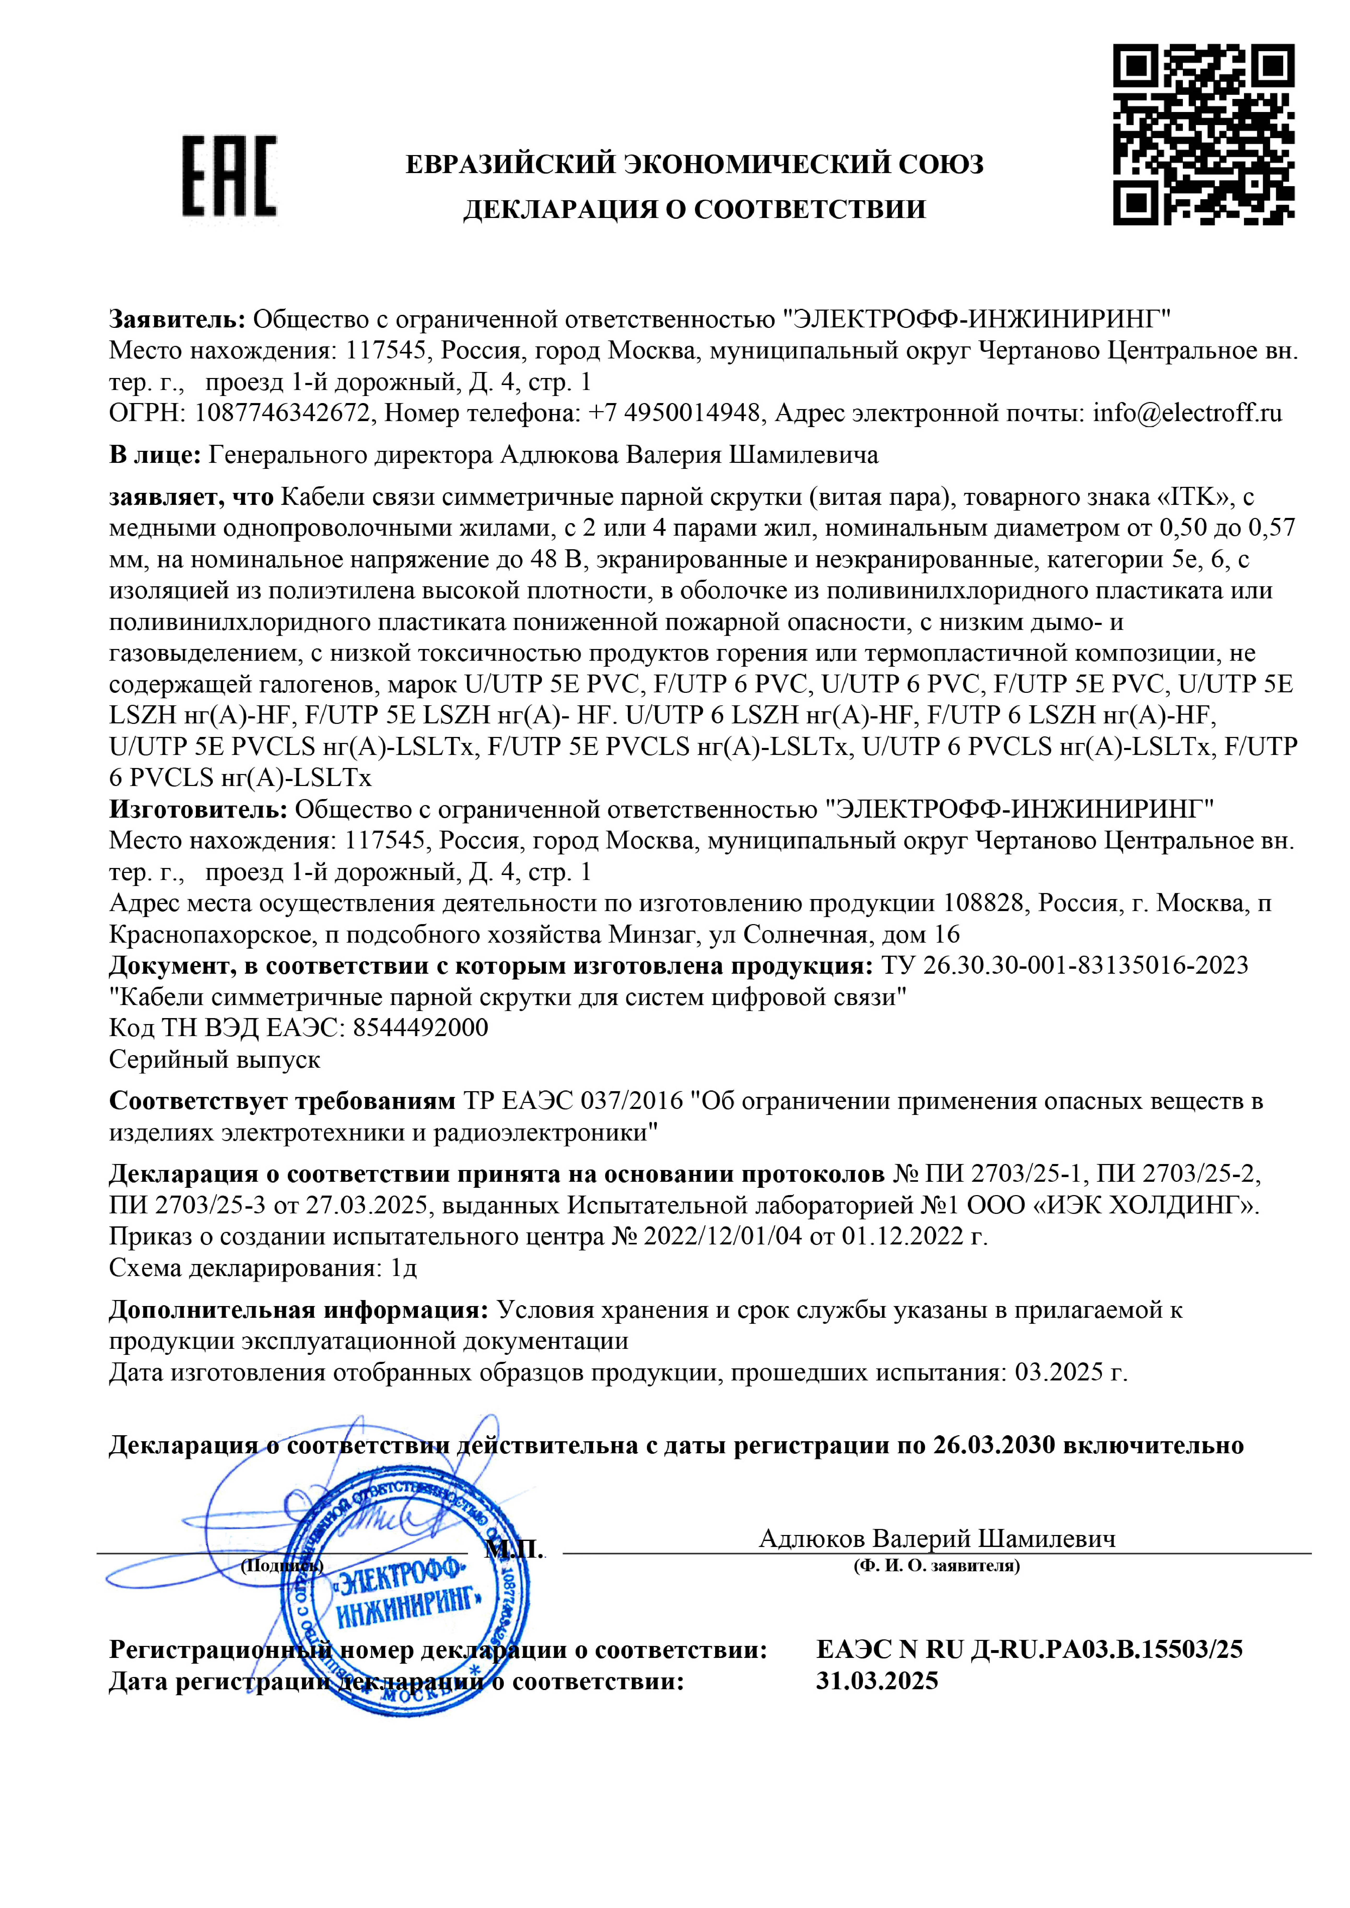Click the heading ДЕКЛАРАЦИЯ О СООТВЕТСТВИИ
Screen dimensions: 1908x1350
coord(694,209)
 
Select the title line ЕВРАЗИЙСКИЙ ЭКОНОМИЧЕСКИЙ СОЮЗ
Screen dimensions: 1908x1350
coord(694,164)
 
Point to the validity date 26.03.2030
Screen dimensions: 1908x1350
coord(993,1445)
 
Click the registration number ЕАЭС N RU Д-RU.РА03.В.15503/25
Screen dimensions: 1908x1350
coord(1029,1649)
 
